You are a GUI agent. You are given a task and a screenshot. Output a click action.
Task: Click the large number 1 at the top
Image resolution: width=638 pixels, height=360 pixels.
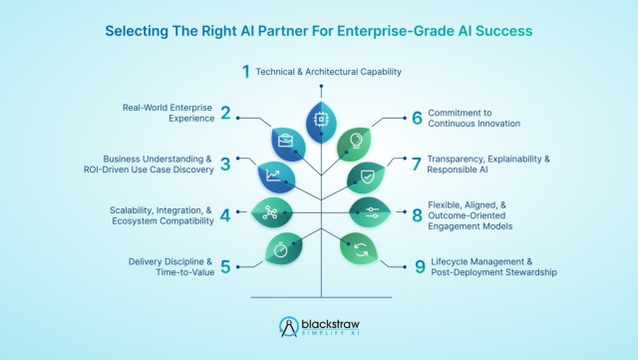click(x=246, y=72)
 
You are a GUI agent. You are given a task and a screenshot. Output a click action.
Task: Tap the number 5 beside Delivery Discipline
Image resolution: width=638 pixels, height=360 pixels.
click(x=225, y=267)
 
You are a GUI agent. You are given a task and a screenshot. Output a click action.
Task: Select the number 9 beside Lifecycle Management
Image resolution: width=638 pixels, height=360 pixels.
click(x=420, y=267)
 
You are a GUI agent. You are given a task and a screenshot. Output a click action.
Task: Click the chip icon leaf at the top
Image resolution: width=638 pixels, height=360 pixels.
click(x=321, y=123)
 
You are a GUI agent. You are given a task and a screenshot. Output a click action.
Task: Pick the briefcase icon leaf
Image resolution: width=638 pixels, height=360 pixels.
click(x=288, y=145)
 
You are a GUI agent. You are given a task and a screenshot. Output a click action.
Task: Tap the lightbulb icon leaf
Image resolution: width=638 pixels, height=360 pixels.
click(x=355, y=145)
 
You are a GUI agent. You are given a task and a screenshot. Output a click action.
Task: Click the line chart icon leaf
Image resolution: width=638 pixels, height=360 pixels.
click(x=276, y=178)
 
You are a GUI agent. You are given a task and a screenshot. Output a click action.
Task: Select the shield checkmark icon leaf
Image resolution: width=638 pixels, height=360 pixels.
click(x=366, y=178)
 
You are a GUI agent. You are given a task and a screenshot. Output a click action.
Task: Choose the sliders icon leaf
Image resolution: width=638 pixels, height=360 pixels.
click(x=370, y=212)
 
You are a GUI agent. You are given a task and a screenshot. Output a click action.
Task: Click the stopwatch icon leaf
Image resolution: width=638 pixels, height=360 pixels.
click(x=284, y=248)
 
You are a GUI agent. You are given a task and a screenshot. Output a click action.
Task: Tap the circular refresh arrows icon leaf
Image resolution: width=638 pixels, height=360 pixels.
click(x=359, y=248)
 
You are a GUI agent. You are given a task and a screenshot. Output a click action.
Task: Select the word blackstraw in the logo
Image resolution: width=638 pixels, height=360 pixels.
click(x=330, y=324)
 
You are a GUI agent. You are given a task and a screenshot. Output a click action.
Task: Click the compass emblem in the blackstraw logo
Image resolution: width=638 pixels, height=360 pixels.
click(x=289, y=327)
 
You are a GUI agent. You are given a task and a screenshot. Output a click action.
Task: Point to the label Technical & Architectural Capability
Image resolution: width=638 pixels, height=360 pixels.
click(x=328, y=72)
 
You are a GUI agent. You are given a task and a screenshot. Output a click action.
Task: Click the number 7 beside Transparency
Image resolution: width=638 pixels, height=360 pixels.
click(x=417, y=165)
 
